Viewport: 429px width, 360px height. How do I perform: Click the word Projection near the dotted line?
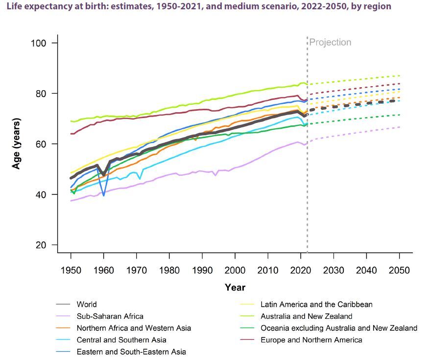coord(331,43)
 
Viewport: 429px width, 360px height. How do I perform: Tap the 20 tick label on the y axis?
coord(41,245)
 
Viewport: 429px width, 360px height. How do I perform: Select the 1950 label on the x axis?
coord(71,270)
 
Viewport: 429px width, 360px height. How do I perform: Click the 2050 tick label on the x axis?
coord(399,270)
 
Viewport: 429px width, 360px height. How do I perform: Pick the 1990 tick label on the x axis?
coord(202,270)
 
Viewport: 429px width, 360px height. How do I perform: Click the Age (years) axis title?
coord(17,144)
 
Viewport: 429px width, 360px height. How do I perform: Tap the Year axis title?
coord(235,288)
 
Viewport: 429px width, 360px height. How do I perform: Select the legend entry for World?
coord(87,304)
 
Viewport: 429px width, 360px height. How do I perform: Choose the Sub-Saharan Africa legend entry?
coord(110,316)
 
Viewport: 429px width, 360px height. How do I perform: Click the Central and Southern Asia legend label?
coord(121,340)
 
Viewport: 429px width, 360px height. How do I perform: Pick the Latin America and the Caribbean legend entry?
coord(316,304)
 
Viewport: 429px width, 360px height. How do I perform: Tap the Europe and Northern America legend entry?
coord(311,340)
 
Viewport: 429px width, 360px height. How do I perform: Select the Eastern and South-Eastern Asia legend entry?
coord(131,352)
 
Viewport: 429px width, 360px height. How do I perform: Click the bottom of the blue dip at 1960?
coord(103,195)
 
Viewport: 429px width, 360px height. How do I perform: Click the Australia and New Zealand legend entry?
coord(306,316)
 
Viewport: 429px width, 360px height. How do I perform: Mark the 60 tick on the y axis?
coord(41,144)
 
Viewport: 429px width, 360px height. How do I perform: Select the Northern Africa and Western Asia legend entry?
coord(134,328)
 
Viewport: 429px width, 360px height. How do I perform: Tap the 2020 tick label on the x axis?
coord(301,270)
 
